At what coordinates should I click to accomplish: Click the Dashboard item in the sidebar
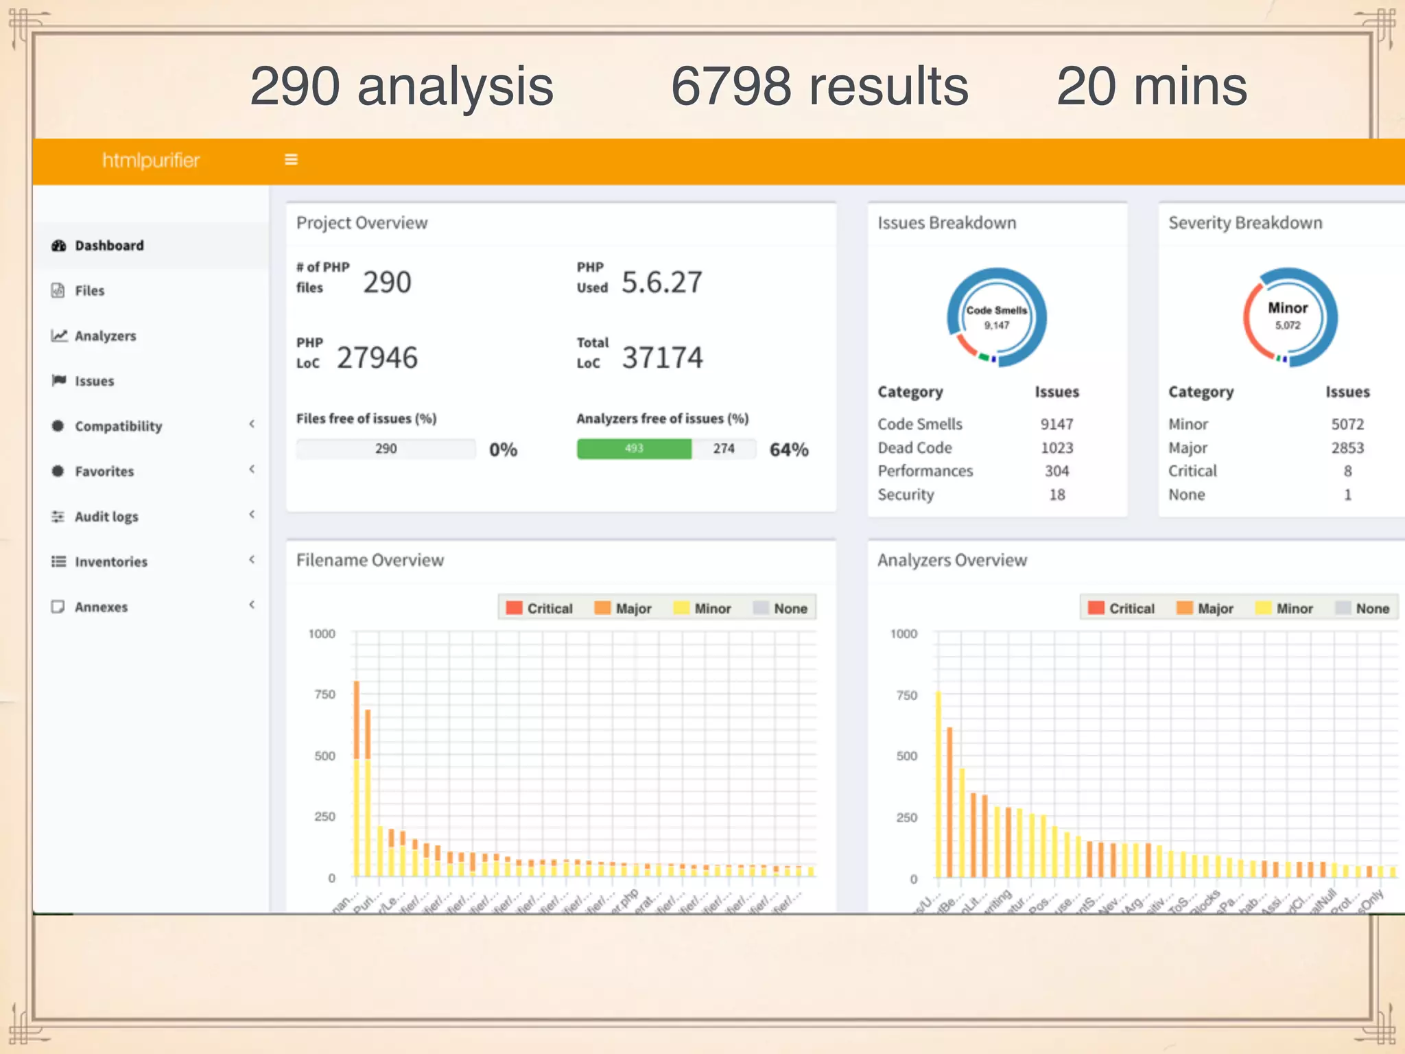tap(108, 246)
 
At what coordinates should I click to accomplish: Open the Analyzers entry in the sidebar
tap(105, 336)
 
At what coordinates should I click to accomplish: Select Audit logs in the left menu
tap(106, 517)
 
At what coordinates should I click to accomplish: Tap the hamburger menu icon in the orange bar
tap(291, 160)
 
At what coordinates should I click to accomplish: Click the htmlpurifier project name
tap(151, 161)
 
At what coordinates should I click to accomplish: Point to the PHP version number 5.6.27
tap(661, 283)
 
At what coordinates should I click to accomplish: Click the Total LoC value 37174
tap(662, 358)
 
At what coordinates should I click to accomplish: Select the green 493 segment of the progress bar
tap(634, 449)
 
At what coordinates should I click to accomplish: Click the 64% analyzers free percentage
tap(788, 450)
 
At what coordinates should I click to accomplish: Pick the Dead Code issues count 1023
tap(1056, 448)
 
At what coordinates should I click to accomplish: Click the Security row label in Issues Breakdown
tap(906, 495)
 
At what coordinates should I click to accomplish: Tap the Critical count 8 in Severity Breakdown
tap(1347, 471)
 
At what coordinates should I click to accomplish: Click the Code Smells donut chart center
tap(996, 317)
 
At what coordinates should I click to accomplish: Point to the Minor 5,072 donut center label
tap(1287, 316)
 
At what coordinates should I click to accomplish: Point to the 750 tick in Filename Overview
tap(324, 695)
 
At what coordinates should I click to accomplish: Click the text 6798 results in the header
tap(819, 86)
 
